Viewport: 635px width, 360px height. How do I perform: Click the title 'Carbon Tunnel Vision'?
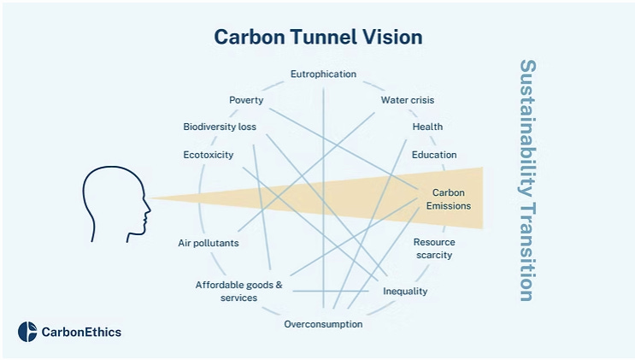pyautogui.click(x=318, y=38)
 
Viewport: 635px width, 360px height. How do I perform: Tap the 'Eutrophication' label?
pyautogui.click(x=323, y=74)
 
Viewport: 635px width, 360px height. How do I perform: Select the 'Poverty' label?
pyautogui.click(x=246, y=100)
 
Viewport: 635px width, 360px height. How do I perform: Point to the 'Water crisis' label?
pyautogui.click(x=408, y=100)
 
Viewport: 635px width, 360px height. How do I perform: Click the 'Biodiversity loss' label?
pyautogui.click(x=220, y=127)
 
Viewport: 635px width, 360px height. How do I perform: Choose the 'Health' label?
pyautogui.click(x=427, y=127)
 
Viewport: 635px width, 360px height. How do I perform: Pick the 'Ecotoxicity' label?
pyautogui.click(x=208, y=155)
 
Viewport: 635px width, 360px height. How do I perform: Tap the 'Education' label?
pyautogui.click(x=434, y=155)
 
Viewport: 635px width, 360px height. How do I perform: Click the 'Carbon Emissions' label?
pyautogui.click(x=448, y=199)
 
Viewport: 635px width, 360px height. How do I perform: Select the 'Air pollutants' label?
pyautogui.click(x=208, y=243)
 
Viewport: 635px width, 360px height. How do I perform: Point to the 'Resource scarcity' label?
pyautogui.click(x=433, y=249)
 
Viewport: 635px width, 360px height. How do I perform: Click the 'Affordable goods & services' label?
pyautogui.click(x=238, y=291)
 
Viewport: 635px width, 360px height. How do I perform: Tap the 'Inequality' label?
pyautogui.click(x=405, y=292)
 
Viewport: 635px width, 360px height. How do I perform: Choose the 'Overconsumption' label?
pyautogui.click(x=323, y=324)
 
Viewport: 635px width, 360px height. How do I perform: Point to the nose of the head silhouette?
pyautogui.click(x=148, y=204)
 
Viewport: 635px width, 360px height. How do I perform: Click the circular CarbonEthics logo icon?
pyautogui.click(x=27, y=332)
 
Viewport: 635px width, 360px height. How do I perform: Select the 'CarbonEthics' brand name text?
pyautogui.click(x=81, y=333)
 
